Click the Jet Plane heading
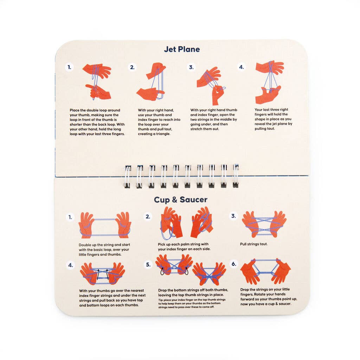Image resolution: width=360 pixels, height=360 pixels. point(182,49)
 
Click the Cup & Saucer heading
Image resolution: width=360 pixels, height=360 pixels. point(180,200)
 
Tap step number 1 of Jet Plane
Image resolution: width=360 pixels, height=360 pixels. point(70,67)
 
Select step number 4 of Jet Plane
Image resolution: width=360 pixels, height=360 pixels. point(241,67)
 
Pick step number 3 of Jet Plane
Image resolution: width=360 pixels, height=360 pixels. point(191,67)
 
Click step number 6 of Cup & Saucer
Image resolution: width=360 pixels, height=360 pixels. point(234,264)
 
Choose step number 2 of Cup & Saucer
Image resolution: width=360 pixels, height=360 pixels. point(148,217)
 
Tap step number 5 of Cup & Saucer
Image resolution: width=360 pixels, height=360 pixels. point(148,265)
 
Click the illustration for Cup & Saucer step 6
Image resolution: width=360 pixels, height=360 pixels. point(265,271)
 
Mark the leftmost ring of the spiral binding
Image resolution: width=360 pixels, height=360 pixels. point(128,176)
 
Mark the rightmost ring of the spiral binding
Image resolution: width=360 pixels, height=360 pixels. point(236,176)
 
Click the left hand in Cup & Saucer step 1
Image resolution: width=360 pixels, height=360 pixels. point(86,225)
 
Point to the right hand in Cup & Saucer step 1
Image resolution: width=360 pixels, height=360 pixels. point(123,225)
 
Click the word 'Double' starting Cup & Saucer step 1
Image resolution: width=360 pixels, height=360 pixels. point(85,245)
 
